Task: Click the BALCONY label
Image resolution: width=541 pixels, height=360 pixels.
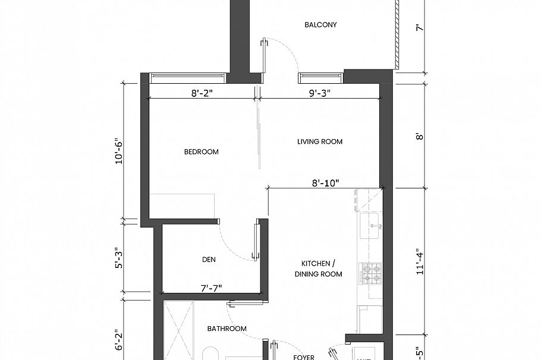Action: click(x=320, y=25)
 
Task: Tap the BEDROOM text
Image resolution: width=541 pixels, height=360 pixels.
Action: click(x=201, y=152)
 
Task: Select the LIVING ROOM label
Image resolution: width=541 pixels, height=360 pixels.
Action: click(x=320, y=141)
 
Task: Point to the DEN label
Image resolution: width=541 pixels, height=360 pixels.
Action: click(x=208, y=260)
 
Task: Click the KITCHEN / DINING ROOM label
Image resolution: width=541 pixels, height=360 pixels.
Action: click(x=318, y=269)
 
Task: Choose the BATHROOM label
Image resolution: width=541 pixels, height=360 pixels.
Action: click(x=227, y=329)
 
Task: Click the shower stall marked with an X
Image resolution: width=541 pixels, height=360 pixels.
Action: click(x=180, y=330)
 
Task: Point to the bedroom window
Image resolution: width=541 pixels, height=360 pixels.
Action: click(x=187, y=77)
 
